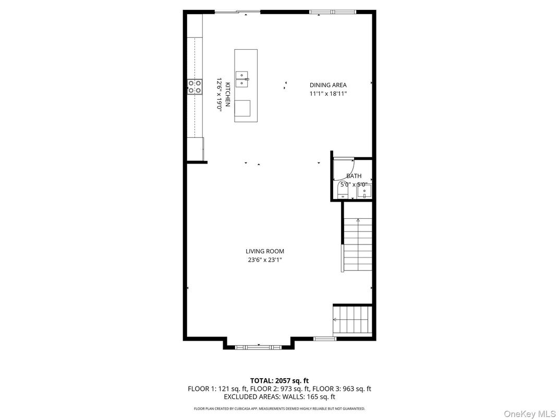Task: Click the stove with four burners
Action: coord(195,86)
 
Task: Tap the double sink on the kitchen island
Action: coord(242,79)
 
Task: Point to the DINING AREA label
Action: coord(328,85)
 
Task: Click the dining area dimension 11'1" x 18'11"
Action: coord(328,94)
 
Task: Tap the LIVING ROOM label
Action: coord(265,251)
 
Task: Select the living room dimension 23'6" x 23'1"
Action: coord(265,260)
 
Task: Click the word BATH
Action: coord(354,176)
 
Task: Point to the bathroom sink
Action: coord(364,192)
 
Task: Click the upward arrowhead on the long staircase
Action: coord(358,221)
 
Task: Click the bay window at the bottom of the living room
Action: coord(258,346)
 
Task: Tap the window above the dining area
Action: coord(332,11)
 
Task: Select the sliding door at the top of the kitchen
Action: coord(237,11)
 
